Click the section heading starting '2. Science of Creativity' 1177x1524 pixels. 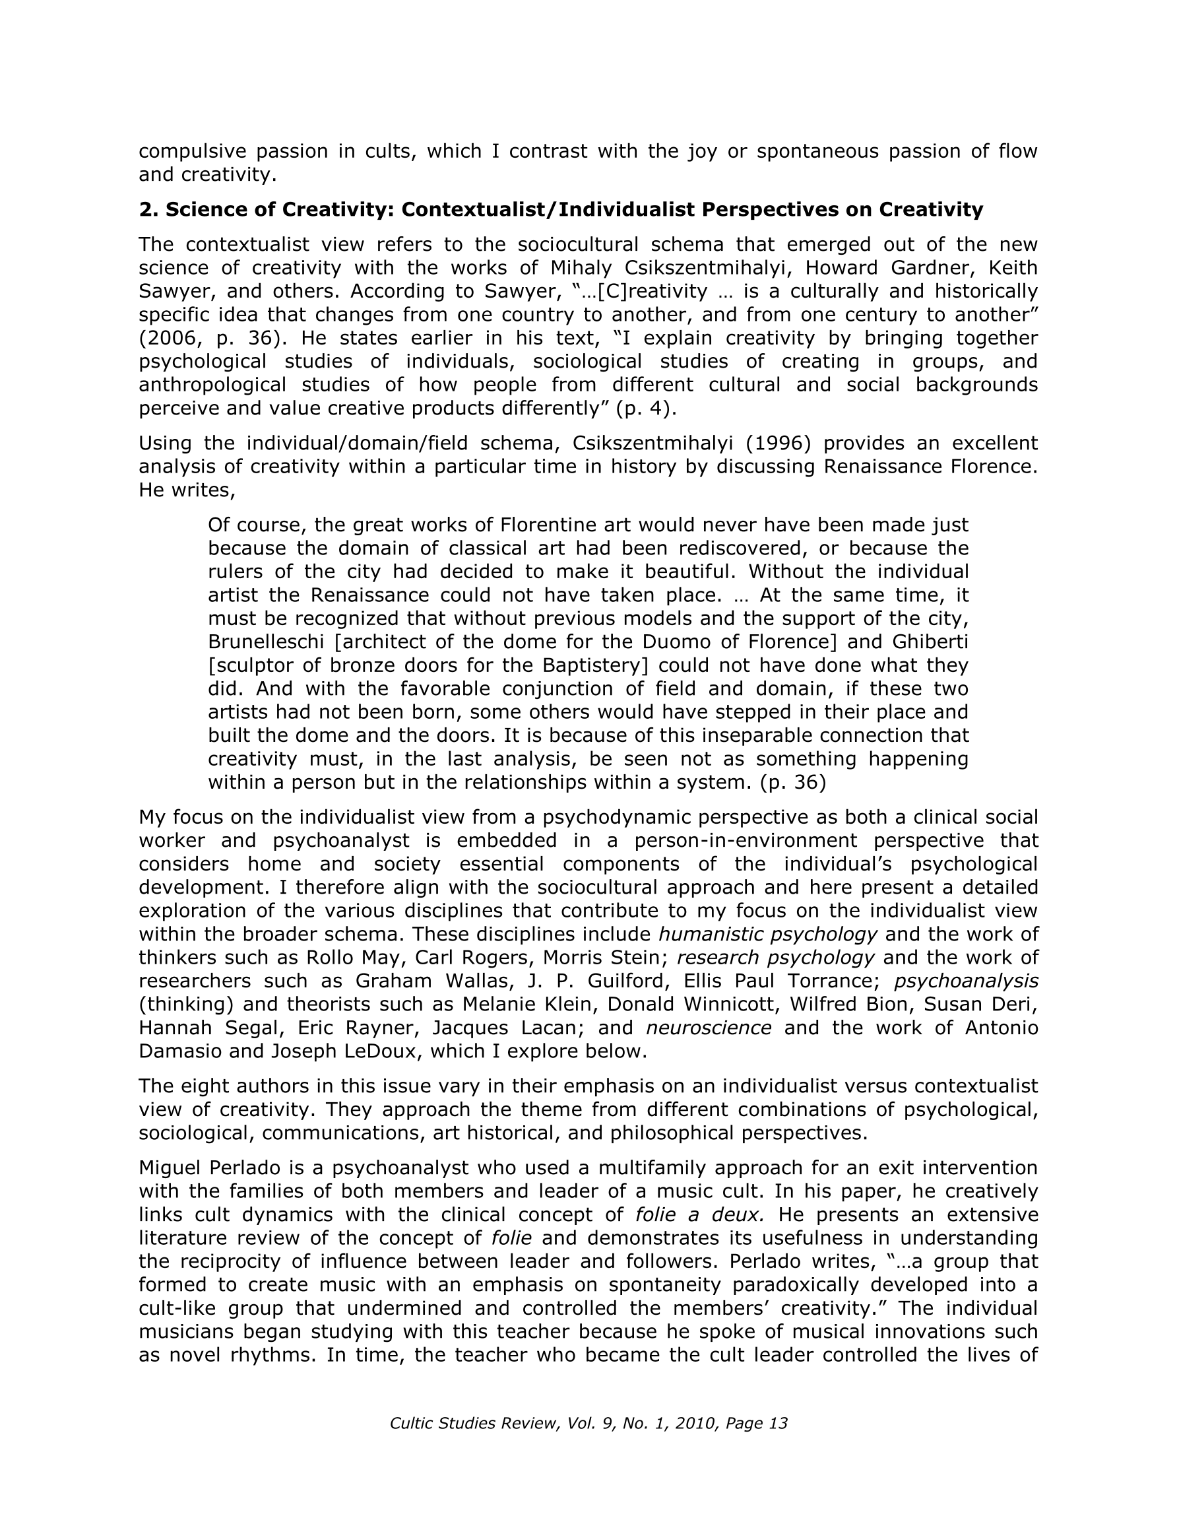[560, 209]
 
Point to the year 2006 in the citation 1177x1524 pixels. [166, 339]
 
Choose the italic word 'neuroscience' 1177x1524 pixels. [708, 1028]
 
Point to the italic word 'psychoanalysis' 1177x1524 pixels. [966, 981]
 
